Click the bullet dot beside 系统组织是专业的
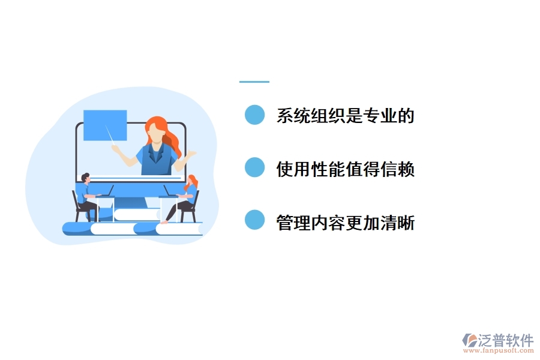pos(255,115)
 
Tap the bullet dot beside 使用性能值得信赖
pos(255,167)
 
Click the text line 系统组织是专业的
pos(345,116)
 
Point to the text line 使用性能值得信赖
pos(345,169)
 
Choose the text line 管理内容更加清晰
pos(345,223)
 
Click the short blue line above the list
pos(254,82)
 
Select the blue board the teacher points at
pos(104,125)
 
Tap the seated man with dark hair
pos(88,195)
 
